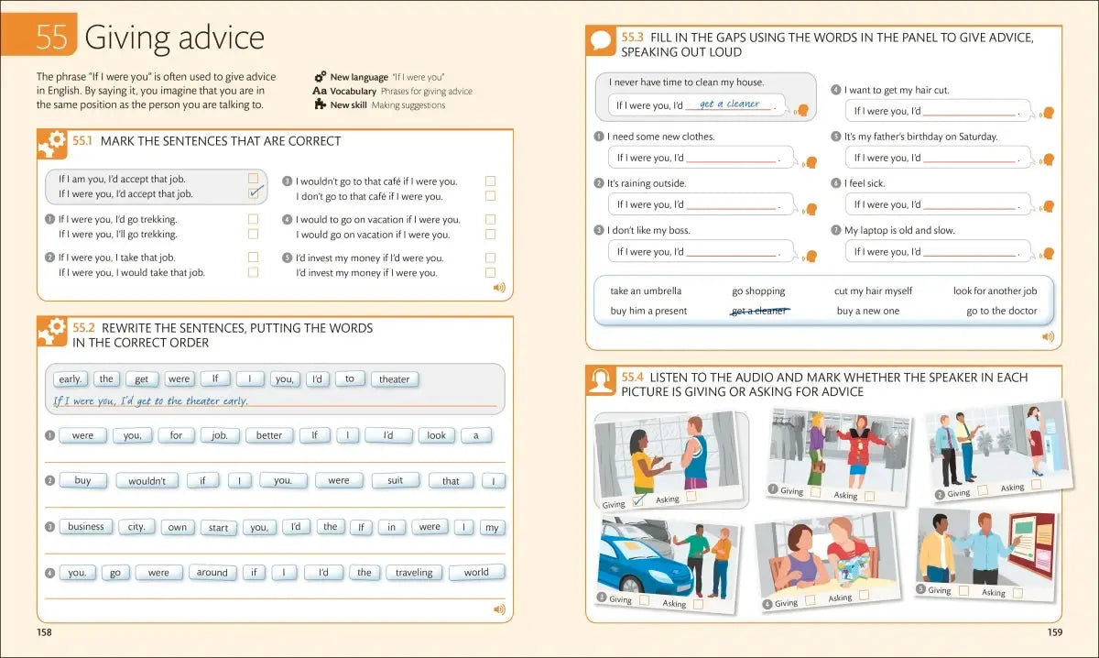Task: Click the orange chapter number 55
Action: coord(51,37)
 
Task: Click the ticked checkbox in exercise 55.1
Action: coord(255,192)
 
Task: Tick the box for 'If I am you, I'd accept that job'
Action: coord(254,179)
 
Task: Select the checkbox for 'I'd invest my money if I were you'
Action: coord(490,272)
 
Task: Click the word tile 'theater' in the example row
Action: coord(394,379)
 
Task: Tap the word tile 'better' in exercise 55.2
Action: coord(269,435)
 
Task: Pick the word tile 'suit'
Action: coord(395,480)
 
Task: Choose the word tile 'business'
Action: coord(86,527)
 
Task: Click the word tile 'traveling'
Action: coord(414,573)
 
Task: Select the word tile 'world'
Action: coord(476,573)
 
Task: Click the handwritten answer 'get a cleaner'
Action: coord(729,104)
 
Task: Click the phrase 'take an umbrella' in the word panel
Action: coord(646,291)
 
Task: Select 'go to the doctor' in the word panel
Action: coord(1001,311)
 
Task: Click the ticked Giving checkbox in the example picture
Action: coord(639,500)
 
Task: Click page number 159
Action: coord(1054,632)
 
